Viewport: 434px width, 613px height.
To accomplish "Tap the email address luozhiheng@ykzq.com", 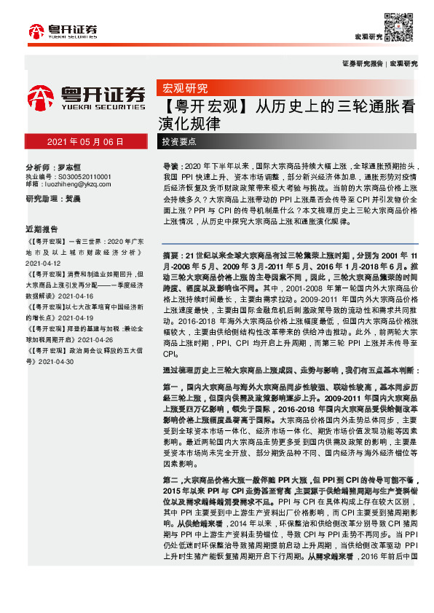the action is click(79, 185).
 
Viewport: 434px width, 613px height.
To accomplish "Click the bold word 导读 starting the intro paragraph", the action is click(170, 166).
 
